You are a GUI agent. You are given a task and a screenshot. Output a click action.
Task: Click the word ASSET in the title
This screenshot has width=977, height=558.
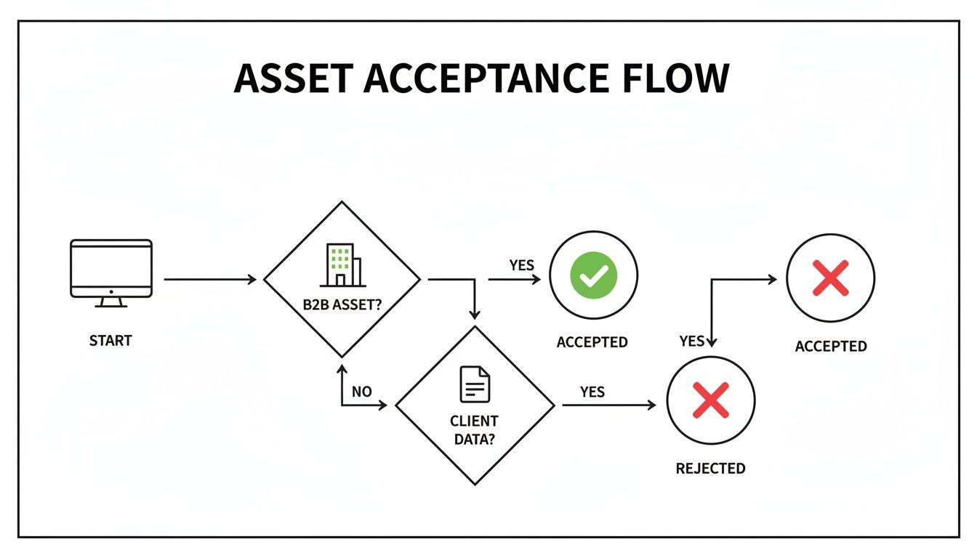[292, 78]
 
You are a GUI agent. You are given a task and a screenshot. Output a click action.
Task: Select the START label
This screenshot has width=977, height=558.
[110, 340]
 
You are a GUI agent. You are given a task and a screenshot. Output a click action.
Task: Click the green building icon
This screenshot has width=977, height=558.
[340, 264]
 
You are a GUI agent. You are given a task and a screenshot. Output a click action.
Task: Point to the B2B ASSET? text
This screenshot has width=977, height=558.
[342, 305]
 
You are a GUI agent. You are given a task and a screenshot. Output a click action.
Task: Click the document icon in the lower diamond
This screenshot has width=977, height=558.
[475, 384]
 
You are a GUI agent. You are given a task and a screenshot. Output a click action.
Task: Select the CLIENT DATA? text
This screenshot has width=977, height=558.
[474, 430]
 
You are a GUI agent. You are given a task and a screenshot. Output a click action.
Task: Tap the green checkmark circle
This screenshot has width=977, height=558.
[593, 276]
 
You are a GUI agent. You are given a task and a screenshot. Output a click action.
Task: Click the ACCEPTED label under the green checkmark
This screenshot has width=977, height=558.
[592, 342]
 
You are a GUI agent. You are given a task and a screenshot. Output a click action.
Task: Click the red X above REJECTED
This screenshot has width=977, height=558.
[711, 400]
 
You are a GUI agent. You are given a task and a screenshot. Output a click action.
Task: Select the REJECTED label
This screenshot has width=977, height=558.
[710, 469]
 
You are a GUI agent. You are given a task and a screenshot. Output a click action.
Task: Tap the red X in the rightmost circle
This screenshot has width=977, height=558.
[830, 278]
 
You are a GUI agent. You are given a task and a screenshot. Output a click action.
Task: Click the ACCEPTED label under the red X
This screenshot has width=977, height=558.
[830, 347]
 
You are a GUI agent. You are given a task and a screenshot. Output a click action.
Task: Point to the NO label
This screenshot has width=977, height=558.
[361, 392]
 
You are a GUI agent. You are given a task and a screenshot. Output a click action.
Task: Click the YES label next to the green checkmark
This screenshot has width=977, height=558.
[521, 265]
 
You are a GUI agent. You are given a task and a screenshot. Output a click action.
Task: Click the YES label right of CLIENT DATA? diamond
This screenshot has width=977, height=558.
[592, 392]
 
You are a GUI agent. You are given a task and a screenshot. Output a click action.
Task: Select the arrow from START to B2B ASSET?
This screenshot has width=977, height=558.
[211, 279]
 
